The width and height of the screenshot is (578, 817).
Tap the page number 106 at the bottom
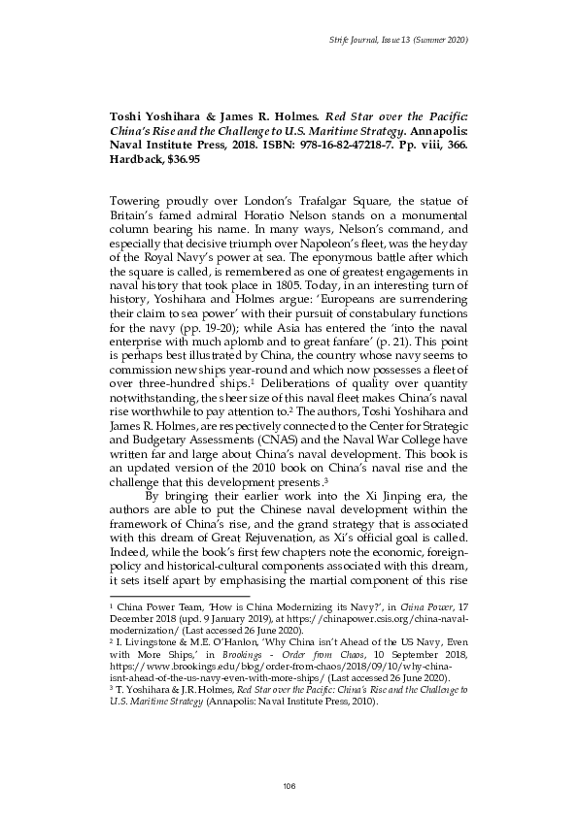coord(289,784)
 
